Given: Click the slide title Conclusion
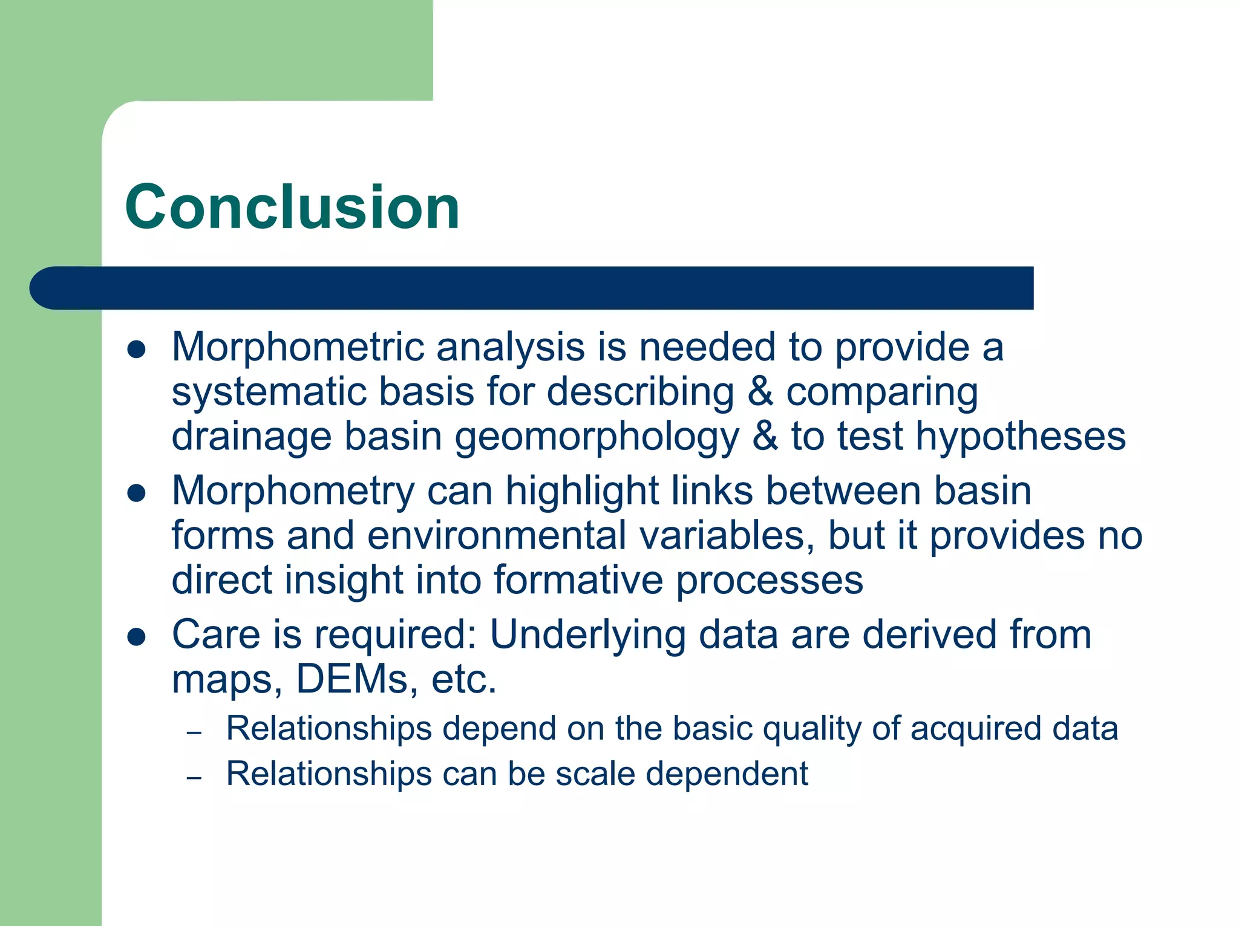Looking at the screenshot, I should [x=292, y=207].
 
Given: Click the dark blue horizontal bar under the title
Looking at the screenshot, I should [x=532, y=288].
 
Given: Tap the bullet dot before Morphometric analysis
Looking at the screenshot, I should [x=137, y=350].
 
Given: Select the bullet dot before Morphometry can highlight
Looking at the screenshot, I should [x=137, y=493].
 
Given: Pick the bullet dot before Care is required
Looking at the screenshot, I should [x=137, y=637].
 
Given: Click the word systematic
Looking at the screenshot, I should [x=269, y=392].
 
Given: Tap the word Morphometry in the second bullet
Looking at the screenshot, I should [x=293, y=491].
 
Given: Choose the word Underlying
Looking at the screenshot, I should [x=587, y=636].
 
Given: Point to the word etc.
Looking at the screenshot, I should [x=463, y=679].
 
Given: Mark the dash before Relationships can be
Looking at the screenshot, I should [x=194, y=778].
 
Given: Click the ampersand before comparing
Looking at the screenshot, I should [x=760, y=392].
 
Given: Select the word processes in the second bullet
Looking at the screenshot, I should [x=769, y=581].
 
